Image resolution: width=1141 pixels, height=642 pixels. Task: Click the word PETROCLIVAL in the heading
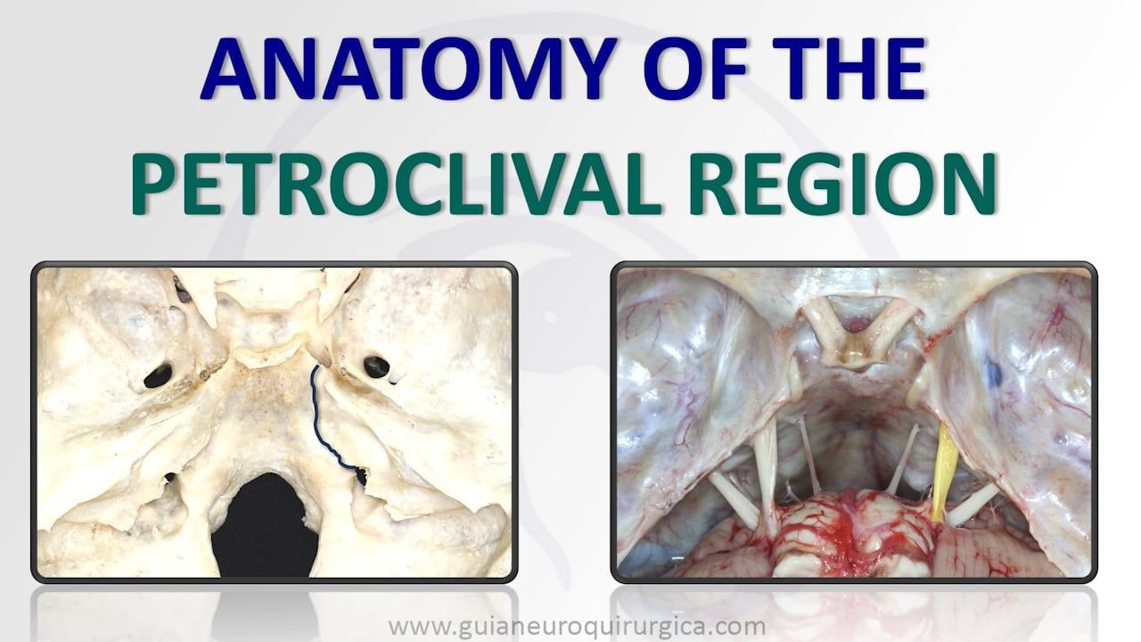point(395,183)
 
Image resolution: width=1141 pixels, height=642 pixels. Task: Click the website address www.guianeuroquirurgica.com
point(577,626)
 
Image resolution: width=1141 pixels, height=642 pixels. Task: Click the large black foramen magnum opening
point(265,525)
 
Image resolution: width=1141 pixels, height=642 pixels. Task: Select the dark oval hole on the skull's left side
point(158,375)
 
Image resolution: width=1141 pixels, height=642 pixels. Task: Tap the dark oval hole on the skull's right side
point(376,366)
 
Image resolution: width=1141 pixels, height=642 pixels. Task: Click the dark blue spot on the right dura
point(993,372)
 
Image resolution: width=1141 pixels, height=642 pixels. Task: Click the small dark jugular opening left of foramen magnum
point(169,478)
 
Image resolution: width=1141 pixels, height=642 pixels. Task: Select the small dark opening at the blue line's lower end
point(361,475)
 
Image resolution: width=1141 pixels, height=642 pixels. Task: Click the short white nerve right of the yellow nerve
point(973,504)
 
